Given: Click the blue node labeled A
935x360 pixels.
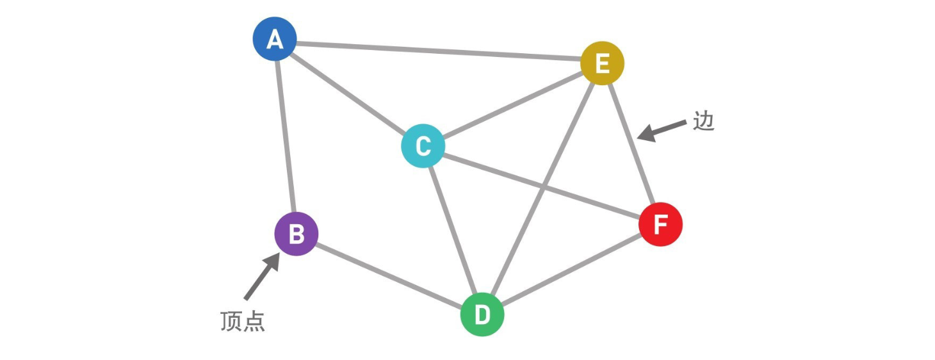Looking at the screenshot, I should [275, 39].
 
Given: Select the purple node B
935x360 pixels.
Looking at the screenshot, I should [297, 234].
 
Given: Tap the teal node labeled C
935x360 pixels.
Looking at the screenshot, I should [423, 146].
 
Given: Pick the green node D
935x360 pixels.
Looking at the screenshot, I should [482, 315].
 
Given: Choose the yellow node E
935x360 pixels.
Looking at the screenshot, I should [602, 63].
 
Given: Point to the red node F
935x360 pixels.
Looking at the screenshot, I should [660, 225].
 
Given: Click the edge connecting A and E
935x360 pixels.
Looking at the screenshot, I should [439, 51].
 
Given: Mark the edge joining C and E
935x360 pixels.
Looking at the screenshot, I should [512, 104].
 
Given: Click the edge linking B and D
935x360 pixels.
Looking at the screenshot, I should [389, 274].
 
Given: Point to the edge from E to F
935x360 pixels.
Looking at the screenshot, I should [631, 144].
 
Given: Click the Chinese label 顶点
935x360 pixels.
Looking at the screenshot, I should [242, 322].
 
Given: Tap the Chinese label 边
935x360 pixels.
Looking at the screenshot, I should [703, 122].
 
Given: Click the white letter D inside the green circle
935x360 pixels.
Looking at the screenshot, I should [482, 315].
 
